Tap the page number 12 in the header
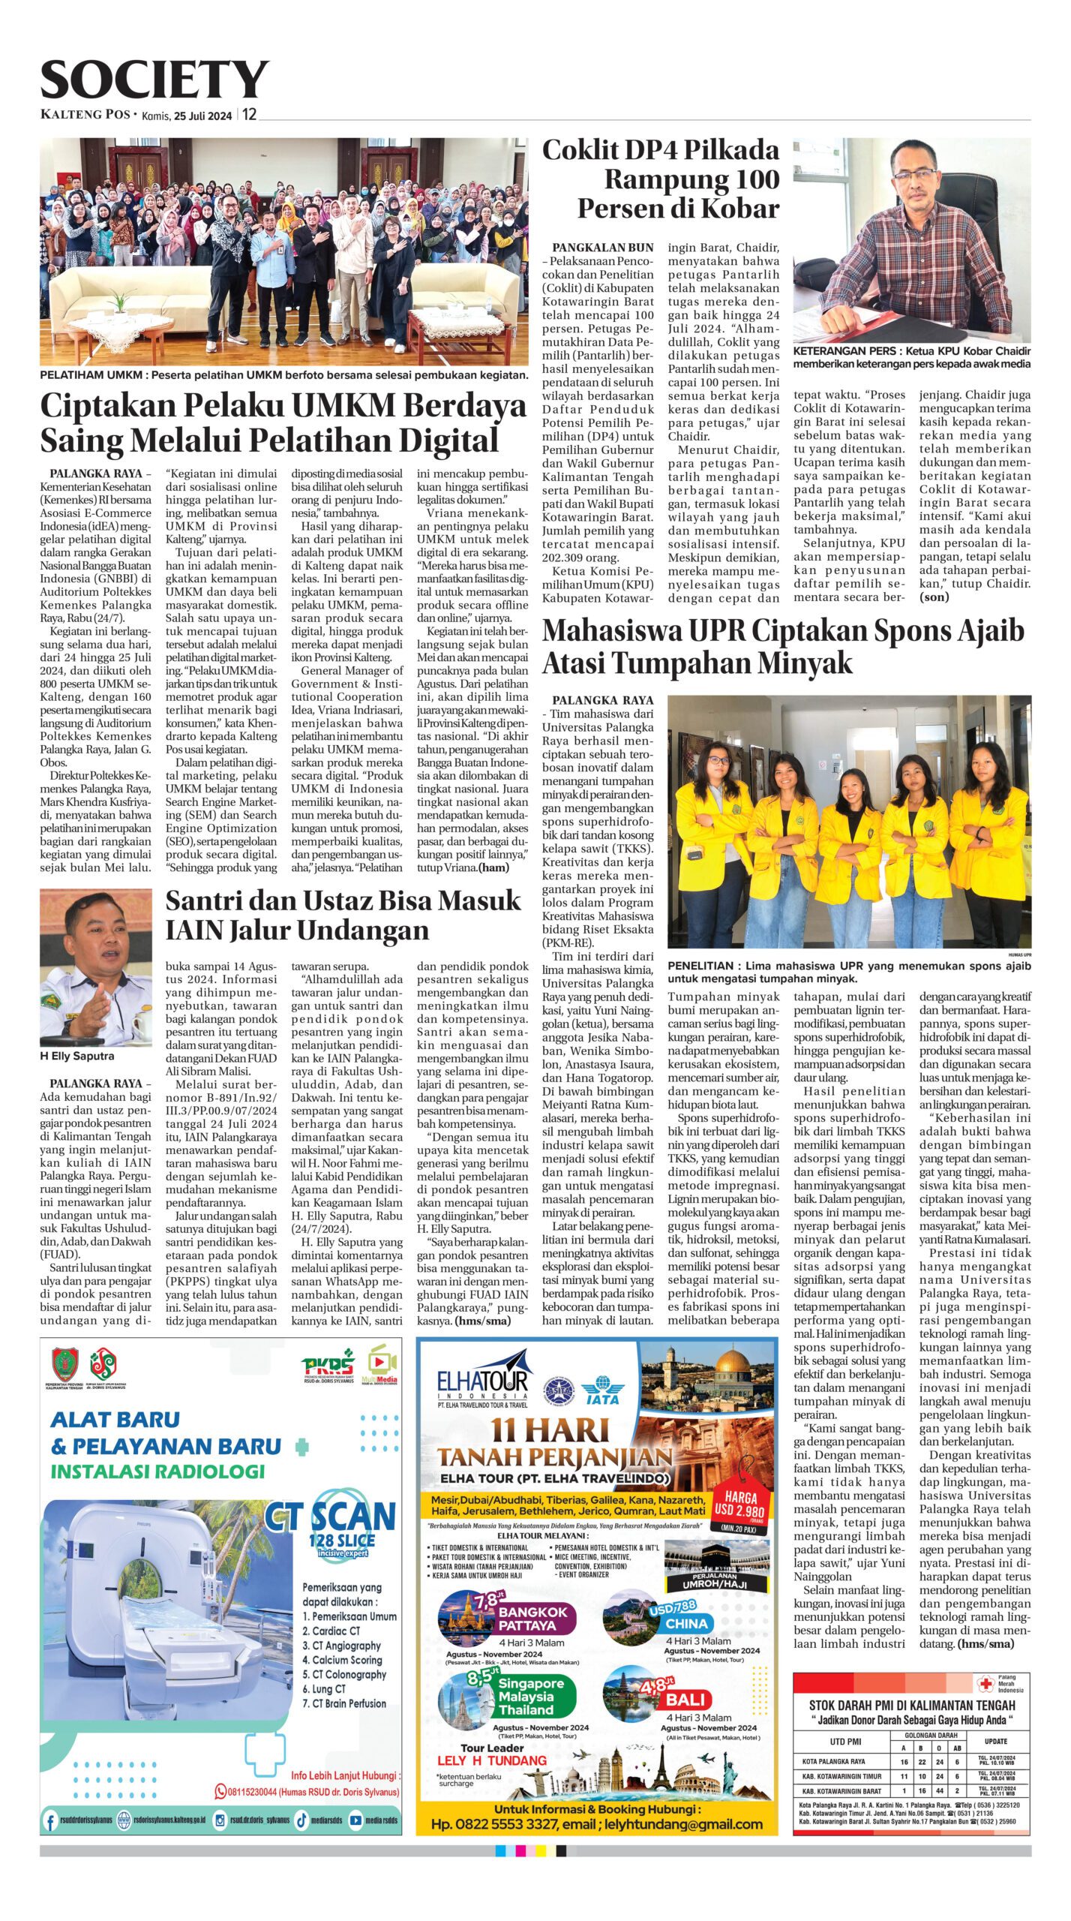click(x=249, y=115)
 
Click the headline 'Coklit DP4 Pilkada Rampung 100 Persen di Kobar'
click(x=661, y=179)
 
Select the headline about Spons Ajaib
click(x=782, y=647)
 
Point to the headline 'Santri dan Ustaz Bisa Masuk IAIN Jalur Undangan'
click(x=343, y=915)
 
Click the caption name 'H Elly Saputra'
click(x=77, y=1056)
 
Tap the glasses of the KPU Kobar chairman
click(x=913, y=176)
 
